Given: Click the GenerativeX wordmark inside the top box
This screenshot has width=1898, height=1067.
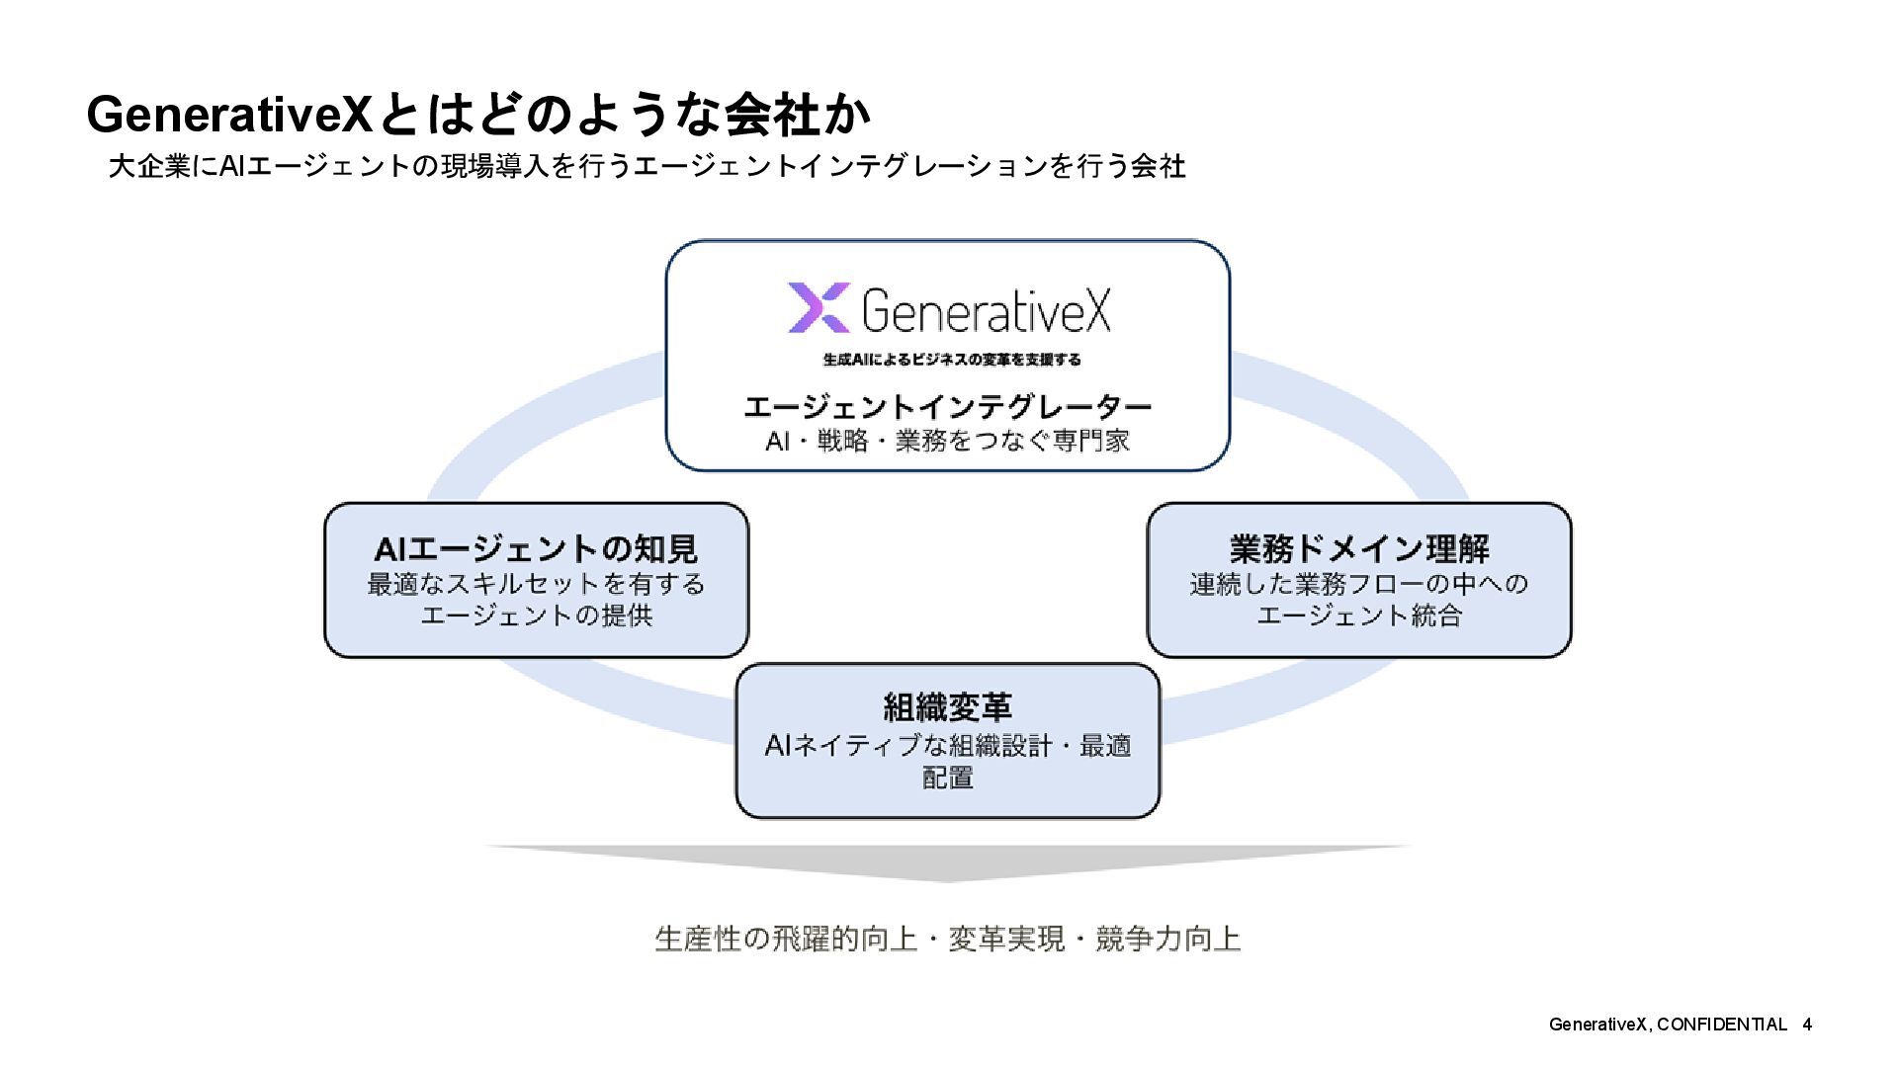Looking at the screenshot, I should coord(987,310).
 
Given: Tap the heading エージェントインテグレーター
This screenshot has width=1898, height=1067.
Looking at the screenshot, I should coord(947,406).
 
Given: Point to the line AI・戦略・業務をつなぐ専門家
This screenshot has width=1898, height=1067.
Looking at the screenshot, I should coord(947,441).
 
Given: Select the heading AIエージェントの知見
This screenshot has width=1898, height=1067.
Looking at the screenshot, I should coord(536,548).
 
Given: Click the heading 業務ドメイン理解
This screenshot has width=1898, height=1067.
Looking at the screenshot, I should coord(1359,548).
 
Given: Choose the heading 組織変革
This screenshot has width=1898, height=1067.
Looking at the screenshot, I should coord(947,707).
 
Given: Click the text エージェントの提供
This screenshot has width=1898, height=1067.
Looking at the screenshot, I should coord(536,616).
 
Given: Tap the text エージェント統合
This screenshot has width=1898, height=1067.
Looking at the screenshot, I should coord(1359,616).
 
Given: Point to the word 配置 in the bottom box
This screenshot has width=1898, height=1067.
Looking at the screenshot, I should coord(947,778).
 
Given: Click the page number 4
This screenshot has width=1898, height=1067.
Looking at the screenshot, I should coord(1807,1025).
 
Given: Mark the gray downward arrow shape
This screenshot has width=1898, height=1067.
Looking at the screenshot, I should coord(947,862).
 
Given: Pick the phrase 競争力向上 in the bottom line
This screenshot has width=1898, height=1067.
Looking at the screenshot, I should coord(1167,939).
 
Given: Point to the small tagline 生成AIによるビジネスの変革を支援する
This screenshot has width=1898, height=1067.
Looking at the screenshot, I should coord(951,360).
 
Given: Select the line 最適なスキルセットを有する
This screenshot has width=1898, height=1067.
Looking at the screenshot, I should coord(536,584).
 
